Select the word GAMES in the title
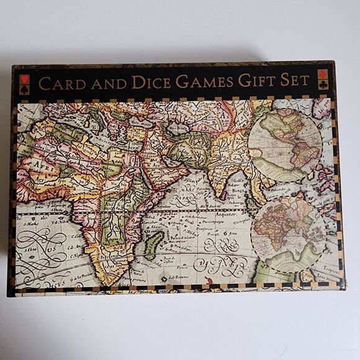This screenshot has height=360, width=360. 204,82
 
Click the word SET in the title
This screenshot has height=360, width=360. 295,81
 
